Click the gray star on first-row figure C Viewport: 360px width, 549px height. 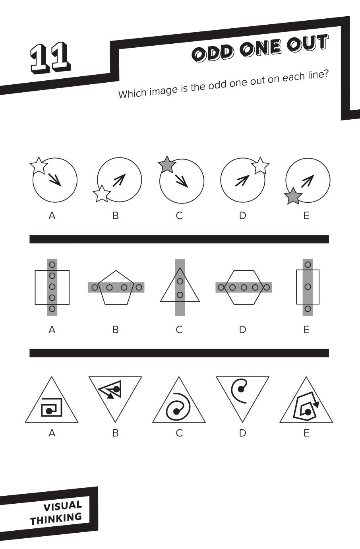tap(167, 165)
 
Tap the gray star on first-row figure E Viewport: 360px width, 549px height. tap(293, 196)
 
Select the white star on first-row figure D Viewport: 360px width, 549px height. tap(260, 165)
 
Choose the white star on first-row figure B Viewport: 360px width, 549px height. tap(102, 194)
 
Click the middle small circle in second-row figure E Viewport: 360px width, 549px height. tap(308, 287)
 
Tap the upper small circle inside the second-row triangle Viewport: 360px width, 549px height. tap(180, 281)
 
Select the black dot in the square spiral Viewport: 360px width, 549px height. tap(48, 411)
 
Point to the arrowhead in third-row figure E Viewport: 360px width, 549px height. tap(316, 404)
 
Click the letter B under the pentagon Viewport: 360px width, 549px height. tap(115, 330)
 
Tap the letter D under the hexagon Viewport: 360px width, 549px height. tap(242, 330)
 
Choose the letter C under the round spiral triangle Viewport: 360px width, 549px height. tap(179, 433)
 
